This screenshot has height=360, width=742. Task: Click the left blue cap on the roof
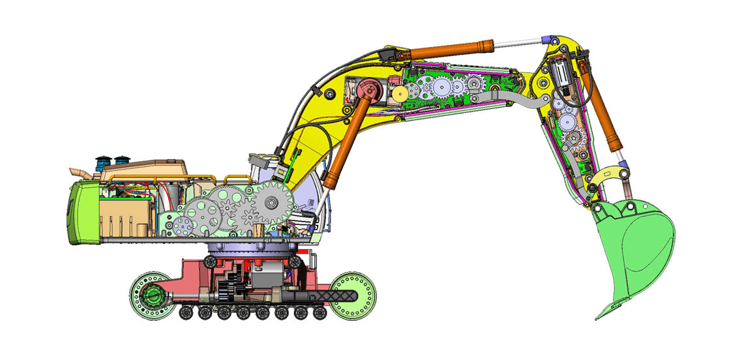pyautogui.click(x=103, y=161)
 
